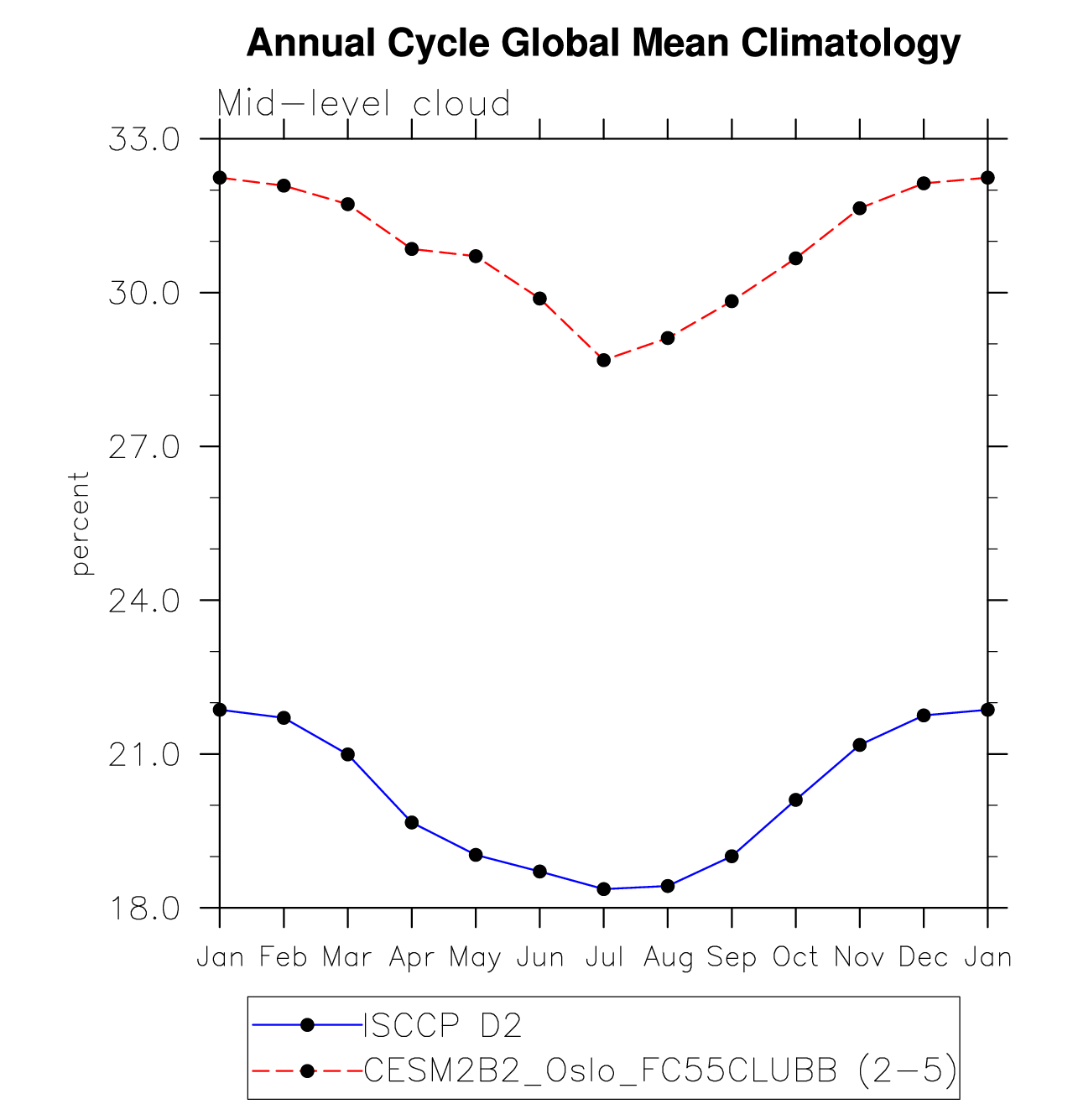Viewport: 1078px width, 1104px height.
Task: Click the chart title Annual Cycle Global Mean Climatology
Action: click(603, 42)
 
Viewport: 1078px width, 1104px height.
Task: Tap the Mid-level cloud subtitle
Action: click(363, 104)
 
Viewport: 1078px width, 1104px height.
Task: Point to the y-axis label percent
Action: click(81, 523)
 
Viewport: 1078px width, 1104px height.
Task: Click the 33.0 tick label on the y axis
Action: click(144, 139)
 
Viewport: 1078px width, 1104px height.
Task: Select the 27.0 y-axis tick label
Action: click(144, 447)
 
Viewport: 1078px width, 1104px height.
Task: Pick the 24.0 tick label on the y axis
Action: click(144, 601)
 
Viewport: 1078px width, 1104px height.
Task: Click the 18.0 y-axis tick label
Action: click(144, 909)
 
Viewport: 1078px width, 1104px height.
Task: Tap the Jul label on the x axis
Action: click(604, 957)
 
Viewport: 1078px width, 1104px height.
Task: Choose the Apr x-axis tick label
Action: click(411, 957)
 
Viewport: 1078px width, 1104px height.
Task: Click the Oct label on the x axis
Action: click(795, 957)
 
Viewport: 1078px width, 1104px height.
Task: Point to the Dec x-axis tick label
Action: click(923, 957)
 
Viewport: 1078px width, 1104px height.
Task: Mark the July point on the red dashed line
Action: click(604, 360)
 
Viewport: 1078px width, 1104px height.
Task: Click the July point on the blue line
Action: click(604, 889)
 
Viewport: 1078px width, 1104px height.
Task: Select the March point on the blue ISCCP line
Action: click(347, 754)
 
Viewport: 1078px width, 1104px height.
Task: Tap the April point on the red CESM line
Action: click(412, 249)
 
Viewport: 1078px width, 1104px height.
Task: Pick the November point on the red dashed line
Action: click(859, 208)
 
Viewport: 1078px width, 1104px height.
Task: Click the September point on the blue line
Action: click(732, 857)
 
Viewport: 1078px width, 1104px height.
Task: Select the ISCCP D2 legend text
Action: click(442, 1025)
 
